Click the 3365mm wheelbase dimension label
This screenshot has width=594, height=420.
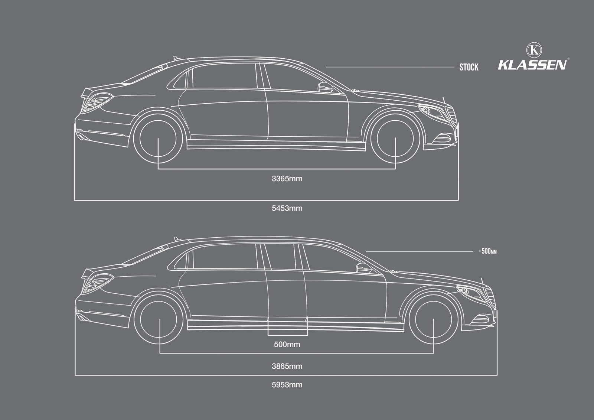[287, 179]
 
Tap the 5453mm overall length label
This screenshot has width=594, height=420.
[287, 208]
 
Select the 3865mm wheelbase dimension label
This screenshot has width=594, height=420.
[287, 366]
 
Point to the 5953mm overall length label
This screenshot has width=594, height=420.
[287, 385]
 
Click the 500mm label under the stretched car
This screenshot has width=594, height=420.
[287, 344]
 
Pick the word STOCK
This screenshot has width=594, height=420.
[469, 67]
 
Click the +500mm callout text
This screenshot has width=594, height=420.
[487, 251]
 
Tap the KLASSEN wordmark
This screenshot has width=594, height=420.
[532, 65]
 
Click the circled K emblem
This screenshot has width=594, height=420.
[534, 50]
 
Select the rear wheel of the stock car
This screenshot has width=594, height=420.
[158, 138]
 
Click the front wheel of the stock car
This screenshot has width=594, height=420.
[395, 138]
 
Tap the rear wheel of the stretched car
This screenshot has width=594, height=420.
[159, 319]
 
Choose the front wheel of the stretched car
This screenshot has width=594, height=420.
[434, 319]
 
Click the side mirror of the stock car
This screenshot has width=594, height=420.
[325, 87]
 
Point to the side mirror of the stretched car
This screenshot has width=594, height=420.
[364, 268]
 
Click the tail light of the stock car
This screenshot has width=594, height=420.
[97, 102]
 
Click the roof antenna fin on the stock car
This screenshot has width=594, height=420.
[175, 58]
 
